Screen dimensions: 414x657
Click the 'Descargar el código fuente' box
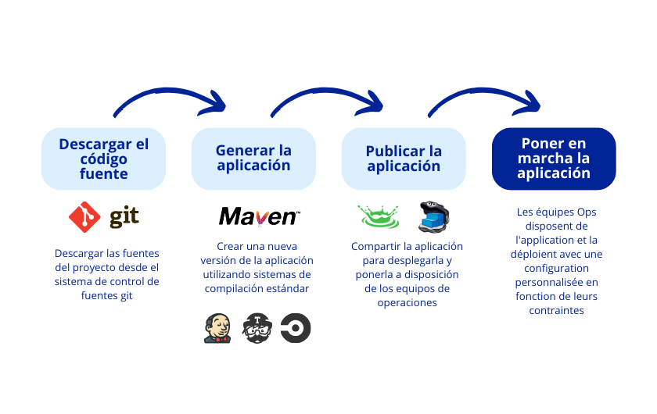point(103,159)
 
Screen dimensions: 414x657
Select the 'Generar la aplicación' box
point(253,159)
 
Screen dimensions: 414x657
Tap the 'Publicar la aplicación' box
point(404,159)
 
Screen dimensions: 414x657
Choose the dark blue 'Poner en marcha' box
point(554,159)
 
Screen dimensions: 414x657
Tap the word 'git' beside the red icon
point(124,217)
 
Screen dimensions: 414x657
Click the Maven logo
point(259,216)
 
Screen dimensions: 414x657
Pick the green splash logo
point(379,216)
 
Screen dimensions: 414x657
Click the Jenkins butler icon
point(217,328)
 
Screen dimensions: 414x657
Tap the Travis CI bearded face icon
point(257,328)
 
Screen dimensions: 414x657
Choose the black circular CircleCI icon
point(296,328)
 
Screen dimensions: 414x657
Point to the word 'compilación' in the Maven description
point(235,288)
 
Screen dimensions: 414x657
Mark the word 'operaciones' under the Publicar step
point(407,302)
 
